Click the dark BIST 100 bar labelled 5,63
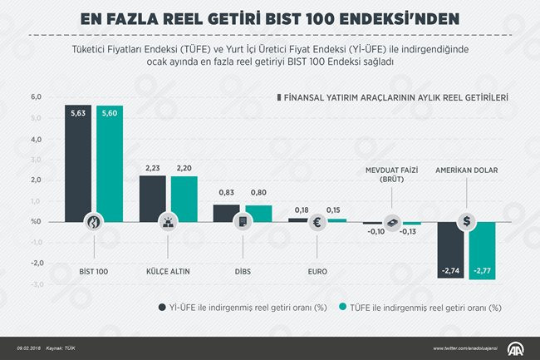coord(78,163)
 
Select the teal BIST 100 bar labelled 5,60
coord(110,163)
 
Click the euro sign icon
coord(317,222)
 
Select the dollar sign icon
coord(468,221)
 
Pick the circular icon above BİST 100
coord(94,222)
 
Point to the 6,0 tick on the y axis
coord(36,97)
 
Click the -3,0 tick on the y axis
coord(35,284)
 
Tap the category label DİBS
coord(242,271)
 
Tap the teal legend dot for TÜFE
coord(343,307)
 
